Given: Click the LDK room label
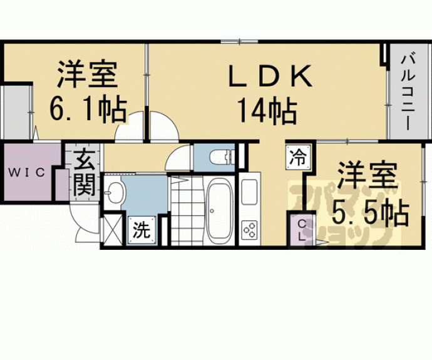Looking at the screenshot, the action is pos(270,76).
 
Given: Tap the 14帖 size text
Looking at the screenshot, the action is pos(267,111).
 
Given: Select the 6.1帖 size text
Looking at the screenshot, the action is pos(88,108).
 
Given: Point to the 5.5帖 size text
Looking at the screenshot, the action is pos(370,212).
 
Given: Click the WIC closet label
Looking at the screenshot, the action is pos(26,173).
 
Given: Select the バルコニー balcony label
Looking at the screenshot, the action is pos(407,93).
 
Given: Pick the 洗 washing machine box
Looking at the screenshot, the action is pos(142,230).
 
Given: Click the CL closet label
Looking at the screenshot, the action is pos(302,230).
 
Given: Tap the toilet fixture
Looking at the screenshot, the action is pos(222,157).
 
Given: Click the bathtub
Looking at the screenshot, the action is pos(219,211).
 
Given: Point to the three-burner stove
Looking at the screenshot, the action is pos(250,229).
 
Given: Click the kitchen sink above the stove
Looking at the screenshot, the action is pos(249,192).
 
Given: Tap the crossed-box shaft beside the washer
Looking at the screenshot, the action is pos(113,230).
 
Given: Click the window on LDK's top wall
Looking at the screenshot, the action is pos(239,42).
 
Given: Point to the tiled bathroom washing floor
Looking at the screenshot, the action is pos(187,211).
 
